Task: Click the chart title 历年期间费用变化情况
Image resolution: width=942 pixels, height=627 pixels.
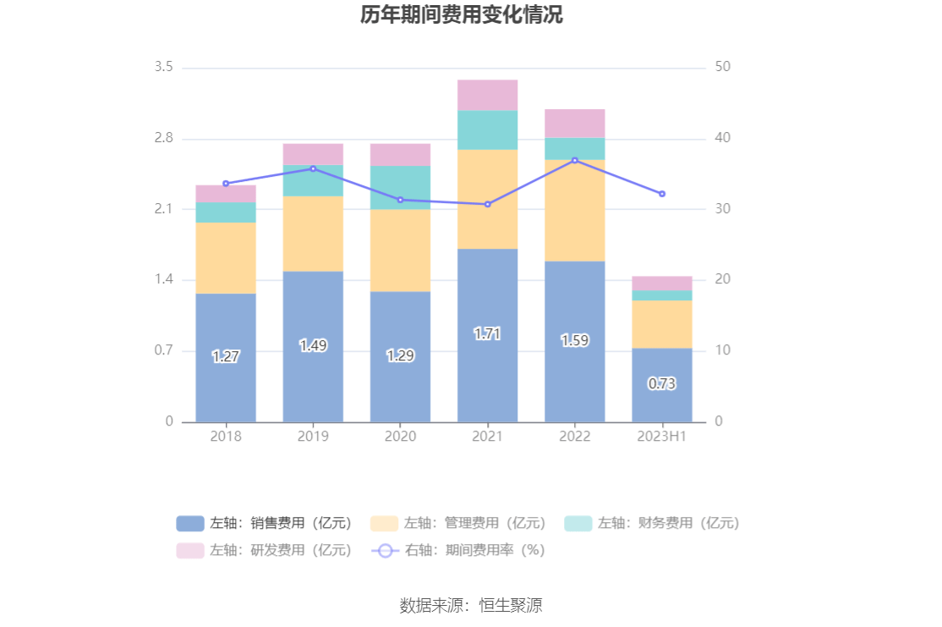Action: pyautogui.click(x=462, y=15)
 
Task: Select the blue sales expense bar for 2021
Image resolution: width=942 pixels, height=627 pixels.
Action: pyautogui.click(x=487, y=372)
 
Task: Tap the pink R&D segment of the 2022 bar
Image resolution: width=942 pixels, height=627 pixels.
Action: pyautogui.click(x=574, y=124)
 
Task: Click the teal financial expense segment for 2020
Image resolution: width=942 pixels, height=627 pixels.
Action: pyautogui.click(x=400, y=187)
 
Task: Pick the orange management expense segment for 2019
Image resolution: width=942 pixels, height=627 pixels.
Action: pyautogui.click(x=313, y=234)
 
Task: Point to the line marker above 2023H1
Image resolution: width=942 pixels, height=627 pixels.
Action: pyautogui.click(x=662, y=194)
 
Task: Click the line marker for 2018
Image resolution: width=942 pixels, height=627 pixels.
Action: pyautogui.click(x=226, y=184)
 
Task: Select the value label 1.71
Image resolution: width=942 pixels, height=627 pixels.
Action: pyautogui.click(x=487, y=334)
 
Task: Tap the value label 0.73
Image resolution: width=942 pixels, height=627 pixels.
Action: pyautogui.click(x=662, y=383)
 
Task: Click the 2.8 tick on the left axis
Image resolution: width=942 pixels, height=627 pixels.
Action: pyautogui.click(x=163, y=138)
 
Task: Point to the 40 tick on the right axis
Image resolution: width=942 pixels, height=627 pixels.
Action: pyautogui.click(x=723, y=138)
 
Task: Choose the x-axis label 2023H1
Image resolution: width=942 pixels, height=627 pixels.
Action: pyautogui.click(x=662, y=437)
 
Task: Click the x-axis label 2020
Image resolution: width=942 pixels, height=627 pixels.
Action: pyautogui.click(x=400, y=437)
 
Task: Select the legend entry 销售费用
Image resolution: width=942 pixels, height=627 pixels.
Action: pyautogui.click(x=264, y=523)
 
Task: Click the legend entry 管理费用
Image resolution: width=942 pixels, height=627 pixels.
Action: pyautogui.click(x=457, y=523)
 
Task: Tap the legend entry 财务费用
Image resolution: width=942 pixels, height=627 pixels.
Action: pyautogui.click(x=651, y=523)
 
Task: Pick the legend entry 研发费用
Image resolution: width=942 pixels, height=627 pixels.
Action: pyautogui.click(x=264, y=550)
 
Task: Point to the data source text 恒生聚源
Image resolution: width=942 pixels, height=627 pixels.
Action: pyautogui.click(x=510, y=605)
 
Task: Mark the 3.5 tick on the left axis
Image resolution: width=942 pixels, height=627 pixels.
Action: pyautogui.click(x=163, y=67)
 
